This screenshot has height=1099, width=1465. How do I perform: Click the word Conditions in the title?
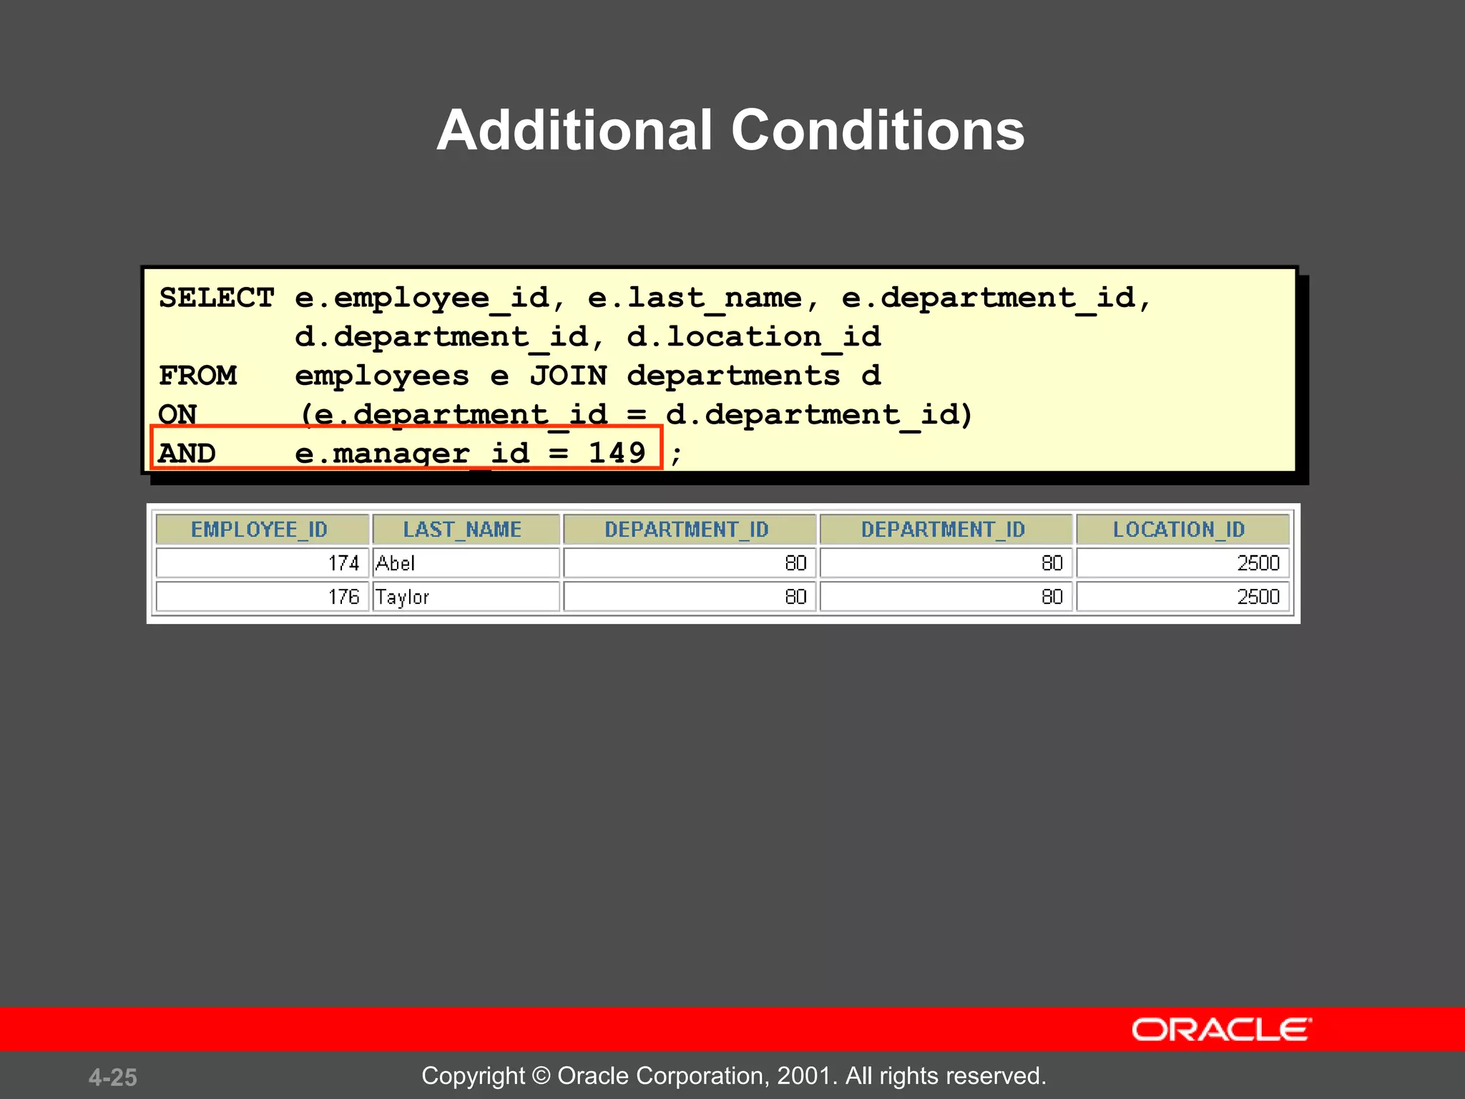(877, 130)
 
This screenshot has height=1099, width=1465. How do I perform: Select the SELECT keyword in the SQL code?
(216, 298)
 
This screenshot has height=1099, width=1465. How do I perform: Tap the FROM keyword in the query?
(197, 376)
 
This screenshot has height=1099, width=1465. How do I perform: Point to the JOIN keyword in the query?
(568, 376)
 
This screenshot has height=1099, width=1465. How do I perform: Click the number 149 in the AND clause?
(617, 453)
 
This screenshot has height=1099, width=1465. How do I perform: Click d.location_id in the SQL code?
(753, 337)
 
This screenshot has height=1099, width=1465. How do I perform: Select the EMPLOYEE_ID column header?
(259, 529)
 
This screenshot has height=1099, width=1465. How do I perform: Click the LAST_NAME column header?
(462, 529)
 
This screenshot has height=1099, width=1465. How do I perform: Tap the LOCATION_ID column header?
(1179, 529)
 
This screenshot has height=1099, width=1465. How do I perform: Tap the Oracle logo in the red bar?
(1221, 1030)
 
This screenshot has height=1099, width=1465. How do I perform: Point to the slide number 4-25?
(113, 1077)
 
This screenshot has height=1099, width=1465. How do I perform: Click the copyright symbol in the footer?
(542, 1075)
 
